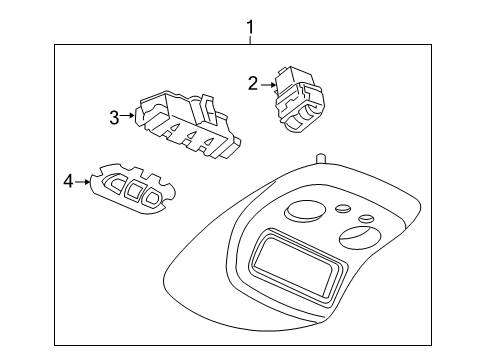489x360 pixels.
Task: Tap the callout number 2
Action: point(253,84)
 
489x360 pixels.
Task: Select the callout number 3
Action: point(114,118)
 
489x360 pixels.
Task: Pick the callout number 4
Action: point(68,181)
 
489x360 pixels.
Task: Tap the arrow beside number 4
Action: point(83,181)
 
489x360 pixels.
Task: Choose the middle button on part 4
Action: point(133,190)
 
